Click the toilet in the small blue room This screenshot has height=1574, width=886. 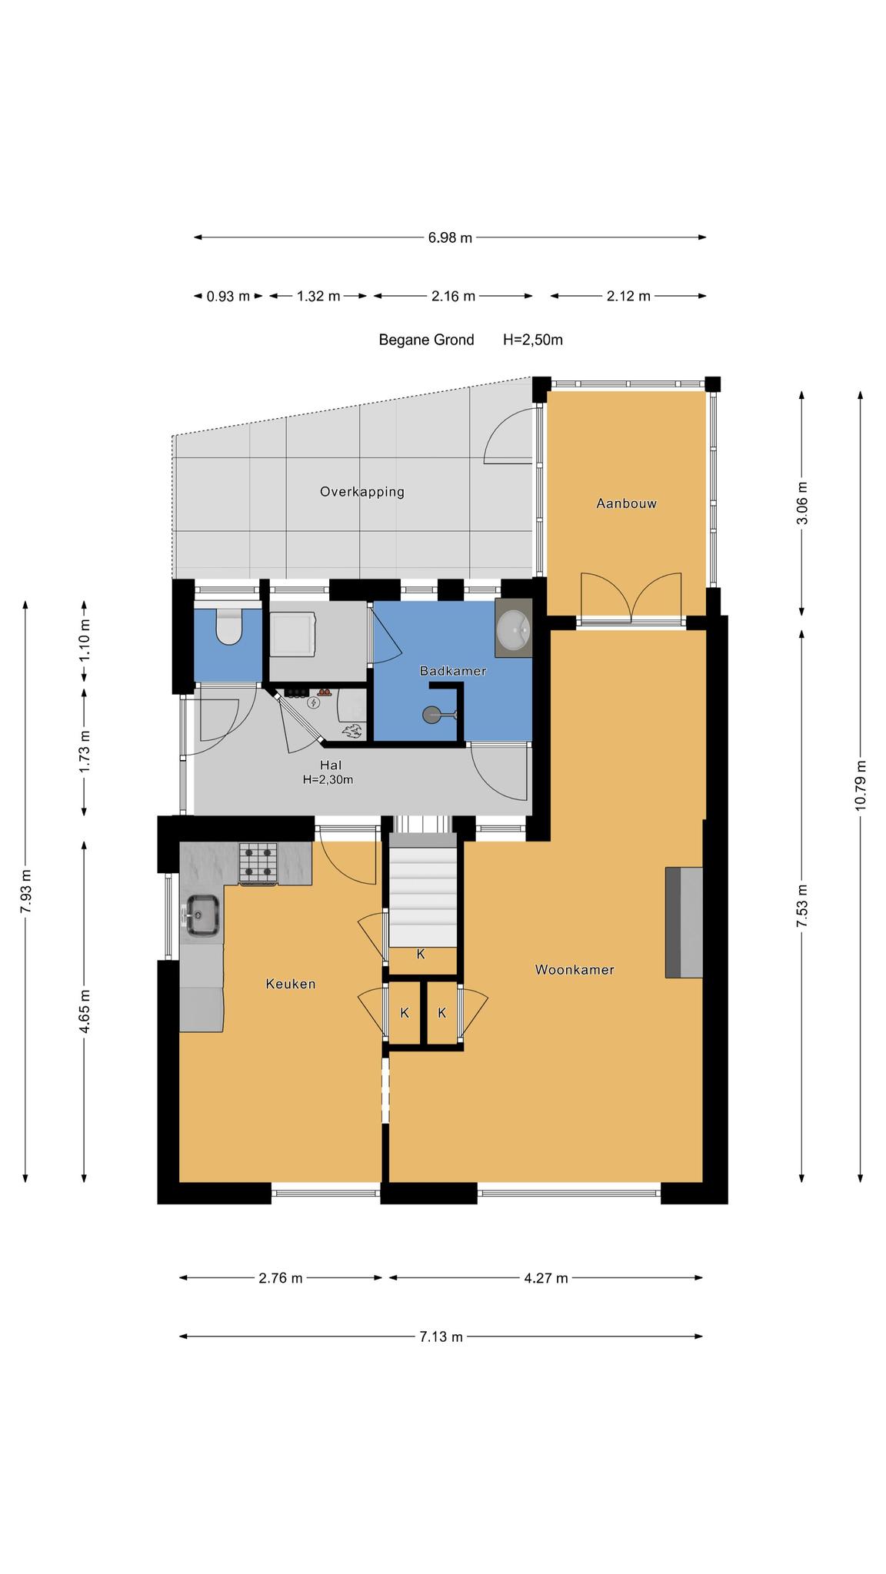pos(228,626)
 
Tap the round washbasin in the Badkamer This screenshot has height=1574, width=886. pos(514,629)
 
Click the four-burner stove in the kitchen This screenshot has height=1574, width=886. pos(258,862)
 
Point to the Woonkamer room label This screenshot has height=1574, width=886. pos(575,970)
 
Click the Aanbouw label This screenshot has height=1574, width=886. pos(627,503)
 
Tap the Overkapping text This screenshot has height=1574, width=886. pos(362,492)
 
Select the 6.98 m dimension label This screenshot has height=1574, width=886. pos(450,237)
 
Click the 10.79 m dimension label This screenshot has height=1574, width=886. pos(860,783)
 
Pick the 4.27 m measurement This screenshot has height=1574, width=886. pos(546,1278)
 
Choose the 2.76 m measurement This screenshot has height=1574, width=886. pos(281,1278)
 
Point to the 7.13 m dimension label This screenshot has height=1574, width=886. pos(441,1337)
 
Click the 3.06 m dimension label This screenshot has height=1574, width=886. pos(802,503)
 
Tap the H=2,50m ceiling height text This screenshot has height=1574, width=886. pos(533,340)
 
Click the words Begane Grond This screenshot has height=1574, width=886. pos(426,340)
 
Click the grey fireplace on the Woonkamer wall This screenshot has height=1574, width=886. pos(684,922)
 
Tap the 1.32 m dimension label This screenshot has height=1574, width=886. pos(318,296)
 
